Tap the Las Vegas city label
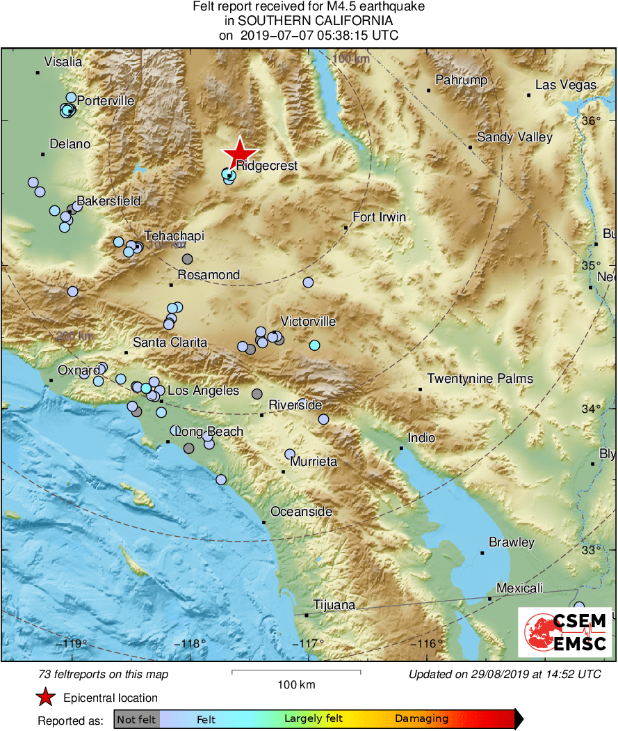(565, 85)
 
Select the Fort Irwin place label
(379, 217)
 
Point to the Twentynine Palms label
(480, 379)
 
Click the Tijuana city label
(334, 605)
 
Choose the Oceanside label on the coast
(301, 512)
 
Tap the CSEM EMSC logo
(564, 631)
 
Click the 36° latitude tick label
(590, 120)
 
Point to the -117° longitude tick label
(308, 643)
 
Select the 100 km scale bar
(295, 672)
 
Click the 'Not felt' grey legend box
(137, 719)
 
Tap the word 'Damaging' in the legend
(421, 719)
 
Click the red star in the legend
(45, 697)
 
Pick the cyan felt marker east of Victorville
(314, 345)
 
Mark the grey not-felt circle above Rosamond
(187, 259)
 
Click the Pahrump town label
(462, 80)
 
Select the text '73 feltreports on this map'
(104, 674)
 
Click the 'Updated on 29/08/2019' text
(504, 674)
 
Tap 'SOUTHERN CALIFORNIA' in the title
(309, 21)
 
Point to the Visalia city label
(63, 62)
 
